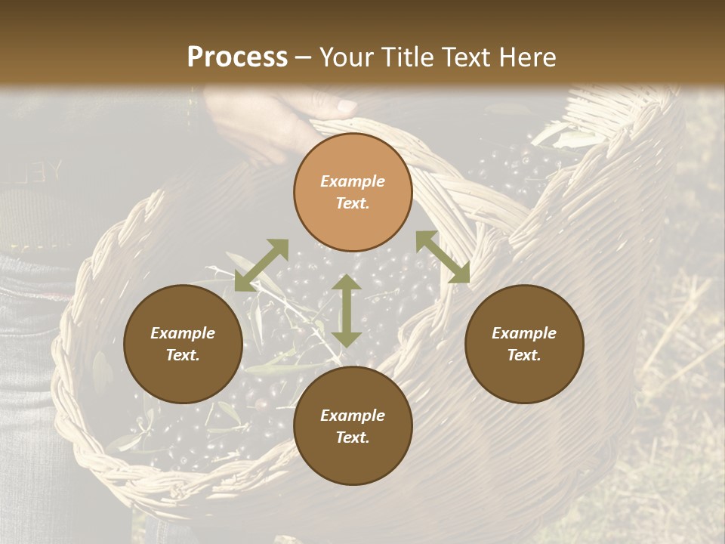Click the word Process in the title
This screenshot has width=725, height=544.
(x=237, y=57)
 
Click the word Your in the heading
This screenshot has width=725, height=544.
(x=344, y=57)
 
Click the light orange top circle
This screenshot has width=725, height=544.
(x=353, y=192)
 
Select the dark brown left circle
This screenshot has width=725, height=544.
(x=183, y=344)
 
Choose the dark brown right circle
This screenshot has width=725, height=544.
(x=524, y=344)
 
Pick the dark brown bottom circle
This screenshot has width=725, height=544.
(x=353, y=426)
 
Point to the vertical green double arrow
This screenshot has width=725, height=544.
(x=347, y=311)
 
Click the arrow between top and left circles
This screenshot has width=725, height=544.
(x=261, y=265)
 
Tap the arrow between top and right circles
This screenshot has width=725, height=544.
(x=443, y=257)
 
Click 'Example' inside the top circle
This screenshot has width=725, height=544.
(x=353, y=181)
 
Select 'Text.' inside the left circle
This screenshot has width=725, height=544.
(x=183, y=355)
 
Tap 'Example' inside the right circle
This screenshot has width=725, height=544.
(x=524, y=333)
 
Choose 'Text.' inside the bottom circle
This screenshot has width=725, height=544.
(x=353, y=437)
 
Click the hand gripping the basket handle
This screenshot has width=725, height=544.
(x=279, y=121)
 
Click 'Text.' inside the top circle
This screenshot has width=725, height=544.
(x=353, y=203)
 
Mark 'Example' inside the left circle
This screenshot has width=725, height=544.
(x=183, y=333)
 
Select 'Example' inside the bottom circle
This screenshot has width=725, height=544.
(x=353, y=416)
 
